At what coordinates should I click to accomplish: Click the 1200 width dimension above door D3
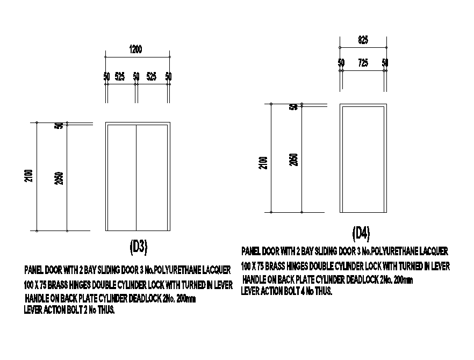(x=136, y=49)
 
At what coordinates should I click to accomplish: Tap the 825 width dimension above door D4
(x=363, y=40)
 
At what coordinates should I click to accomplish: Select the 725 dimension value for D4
(x=363, y=63)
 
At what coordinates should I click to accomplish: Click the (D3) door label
(x=139, y=246)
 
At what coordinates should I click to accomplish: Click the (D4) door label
(x=361, y=233)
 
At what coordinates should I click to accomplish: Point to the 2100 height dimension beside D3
(x=29, y=176)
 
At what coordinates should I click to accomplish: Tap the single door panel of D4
(x=363, y=159)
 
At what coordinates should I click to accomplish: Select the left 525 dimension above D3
(x=120, y=77)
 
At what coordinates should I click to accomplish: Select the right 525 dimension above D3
(x=152, y=77)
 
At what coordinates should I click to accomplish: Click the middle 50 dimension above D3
(x=136, y=77)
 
